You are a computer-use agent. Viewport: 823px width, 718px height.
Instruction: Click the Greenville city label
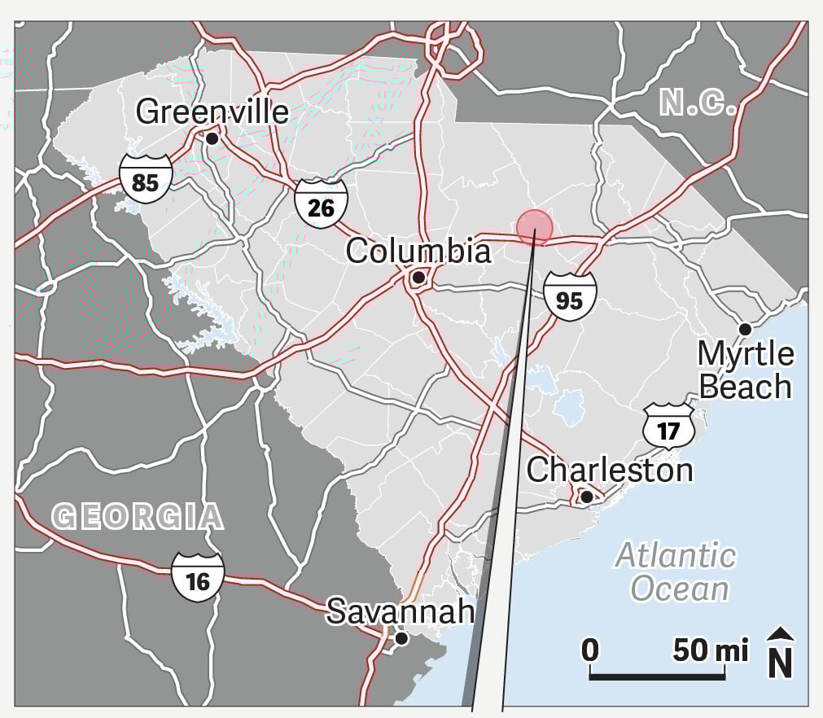(212, 112)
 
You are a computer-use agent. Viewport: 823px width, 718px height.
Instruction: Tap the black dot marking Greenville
(212, 138)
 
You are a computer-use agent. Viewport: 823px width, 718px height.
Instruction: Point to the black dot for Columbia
(418, 278)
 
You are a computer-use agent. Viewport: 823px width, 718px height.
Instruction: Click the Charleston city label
(610, 470)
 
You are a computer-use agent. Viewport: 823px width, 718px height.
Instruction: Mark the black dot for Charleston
(586, 496)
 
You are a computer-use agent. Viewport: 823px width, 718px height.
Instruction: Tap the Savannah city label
(400, 611)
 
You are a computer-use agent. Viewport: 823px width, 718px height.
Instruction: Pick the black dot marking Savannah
(401, 639)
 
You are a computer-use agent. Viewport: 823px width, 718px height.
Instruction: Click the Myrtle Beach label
(746, 370)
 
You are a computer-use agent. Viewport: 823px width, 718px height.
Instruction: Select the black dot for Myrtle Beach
(745, 329)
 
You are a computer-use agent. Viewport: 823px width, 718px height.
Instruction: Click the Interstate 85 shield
(146, 181)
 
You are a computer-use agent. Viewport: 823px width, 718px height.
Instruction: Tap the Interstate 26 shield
(321, 207)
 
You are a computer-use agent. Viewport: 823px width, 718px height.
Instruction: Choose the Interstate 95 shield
(570, 298)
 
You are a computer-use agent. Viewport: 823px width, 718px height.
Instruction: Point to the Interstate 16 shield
(198, 579)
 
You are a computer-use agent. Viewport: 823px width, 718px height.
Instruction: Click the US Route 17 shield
(668, 428)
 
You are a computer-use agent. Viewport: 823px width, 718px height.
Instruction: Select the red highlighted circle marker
(534, 227)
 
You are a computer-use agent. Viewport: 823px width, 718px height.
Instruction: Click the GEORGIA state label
(137, 516)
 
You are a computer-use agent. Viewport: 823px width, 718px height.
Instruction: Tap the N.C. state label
(698, 104)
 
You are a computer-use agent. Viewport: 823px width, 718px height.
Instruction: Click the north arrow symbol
(781, 653)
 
